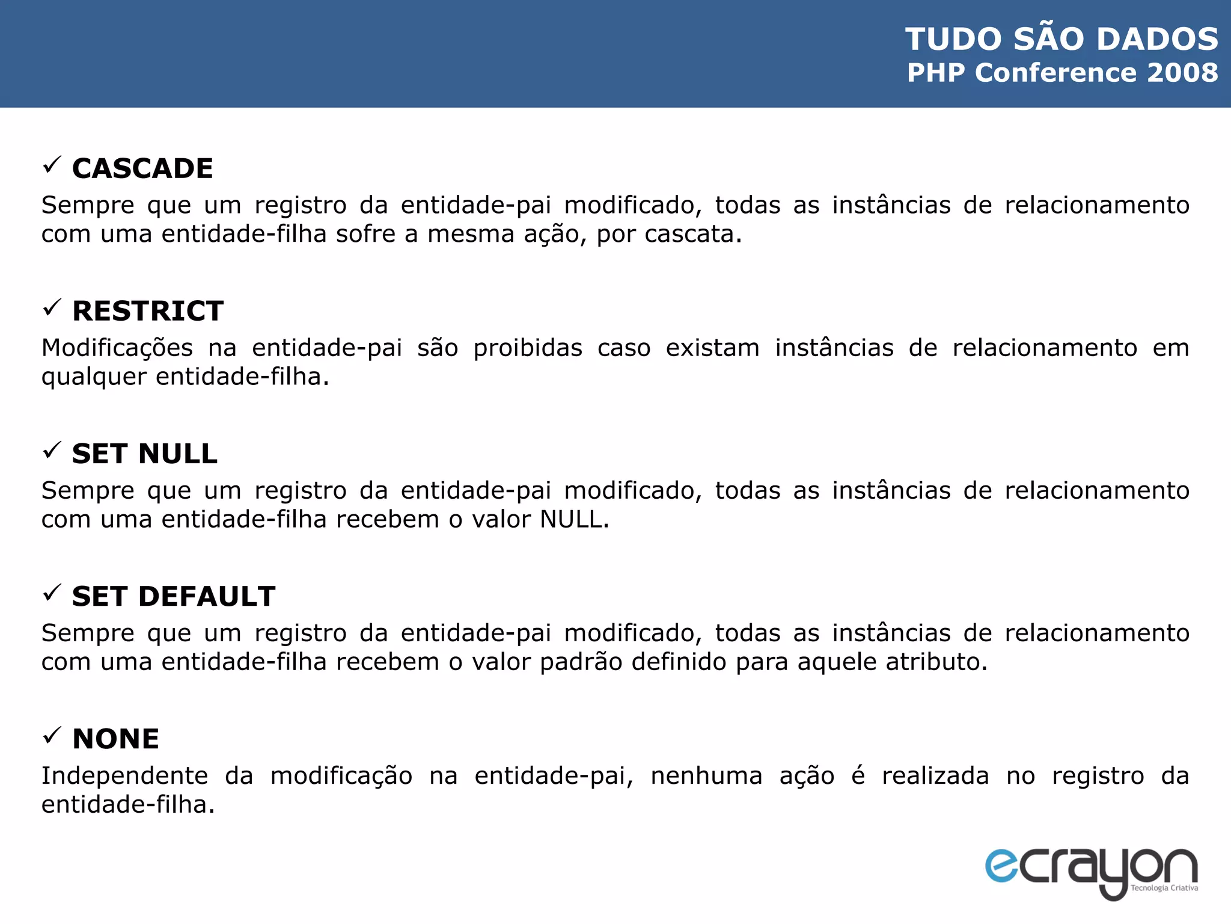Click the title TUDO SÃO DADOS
click(1061, 39)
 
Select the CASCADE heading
click(142, 168)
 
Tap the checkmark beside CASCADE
click(52, 164)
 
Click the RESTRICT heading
click(148, 311)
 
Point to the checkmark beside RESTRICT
click(52, 307)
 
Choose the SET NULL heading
click(144, 454)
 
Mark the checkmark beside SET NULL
click(52, 449)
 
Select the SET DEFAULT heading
click(174, 596)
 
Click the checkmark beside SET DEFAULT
click(52, 593)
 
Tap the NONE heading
click(115, 739)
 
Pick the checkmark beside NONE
click(52, 735)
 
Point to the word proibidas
click(528, 348)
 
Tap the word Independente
click(124, 776)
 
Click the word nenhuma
click(706, 776)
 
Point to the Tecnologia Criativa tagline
click(1164, 888)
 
